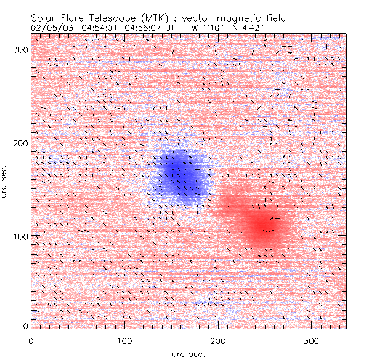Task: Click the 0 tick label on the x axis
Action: pyautogui.click(x=31, y=340)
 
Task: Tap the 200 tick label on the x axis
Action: pyautogui.click(x=218, y=340)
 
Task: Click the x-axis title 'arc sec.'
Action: pyautogui.click(x=189, y=353)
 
